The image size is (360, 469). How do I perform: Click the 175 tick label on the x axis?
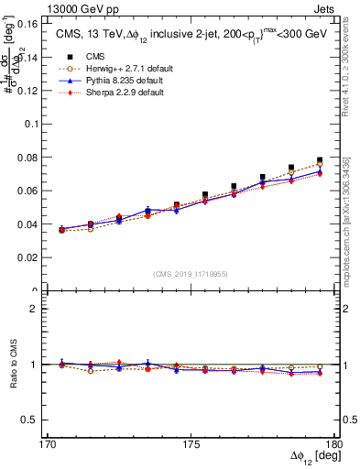pyautogui.click(x=191, y=444)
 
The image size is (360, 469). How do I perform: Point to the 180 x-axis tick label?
pyautogui.click(x=333, y=444)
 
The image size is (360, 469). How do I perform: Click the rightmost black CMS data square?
pyautogui.click(x=320, y=160)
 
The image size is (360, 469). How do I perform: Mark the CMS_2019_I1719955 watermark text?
pyautogui.click(x=190, y=272)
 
